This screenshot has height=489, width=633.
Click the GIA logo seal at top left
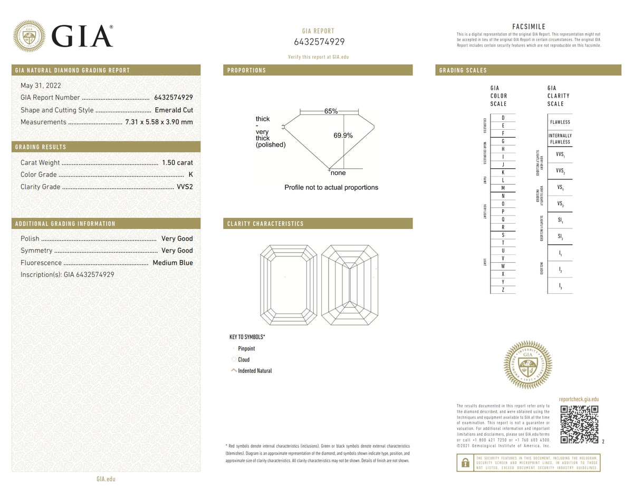28,36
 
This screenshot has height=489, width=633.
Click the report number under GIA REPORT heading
319,42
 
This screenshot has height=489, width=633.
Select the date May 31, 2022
41,85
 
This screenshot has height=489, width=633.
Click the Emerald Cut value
174,110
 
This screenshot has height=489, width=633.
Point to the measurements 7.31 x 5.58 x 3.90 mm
159,122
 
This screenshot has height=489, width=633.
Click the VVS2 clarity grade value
184,187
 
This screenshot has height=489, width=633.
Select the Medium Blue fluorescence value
172,263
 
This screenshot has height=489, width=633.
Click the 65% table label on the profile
331,111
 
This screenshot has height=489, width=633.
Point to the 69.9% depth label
343,136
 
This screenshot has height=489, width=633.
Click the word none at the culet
338,173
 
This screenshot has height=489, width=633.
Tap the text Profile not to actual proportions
331,187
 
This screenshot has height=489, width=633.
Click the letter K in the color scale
503,172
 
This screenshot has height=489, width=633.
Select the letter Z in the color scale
503,290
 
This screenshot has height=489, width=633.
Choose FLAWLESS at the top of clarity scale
560,122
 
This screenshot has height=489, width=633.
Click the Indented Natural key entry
255,371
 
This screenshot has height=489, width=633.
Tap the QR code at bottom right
579,424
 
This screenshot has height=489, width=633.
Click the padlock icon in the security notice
465,463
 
